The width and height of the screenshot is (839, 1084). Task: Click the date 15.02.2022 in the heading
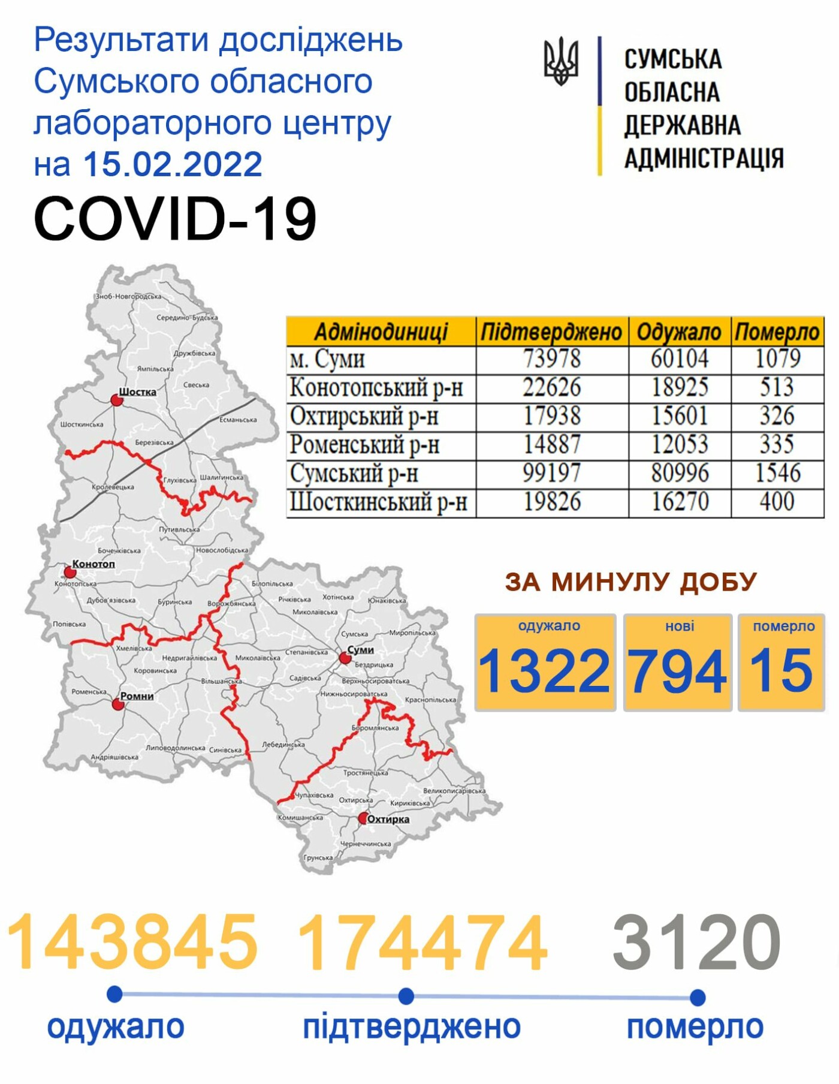click(x=173, y=164)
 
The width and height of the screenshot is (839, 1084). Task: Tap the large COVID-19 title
click(x=175, y=219)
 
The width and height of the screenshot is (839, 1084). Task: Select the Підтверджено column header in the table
click(x=551, y=332)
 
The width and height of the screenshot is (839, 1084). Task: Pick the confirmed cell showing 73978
click(x=552, y=359)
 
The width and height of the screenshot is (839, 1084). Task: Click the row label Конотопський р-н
click(x=376, y=388)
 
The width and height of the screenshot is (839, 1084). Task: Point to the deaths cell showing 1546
click(x=777, y=473)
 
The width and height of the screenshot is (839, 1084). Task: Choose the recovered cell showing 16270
click(x=680, y=502)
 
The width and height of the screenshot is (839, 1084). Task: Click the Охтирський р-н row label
click(x=364, y=416)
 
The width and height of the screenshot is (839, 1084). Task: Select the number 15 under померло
click(x=781, y=670)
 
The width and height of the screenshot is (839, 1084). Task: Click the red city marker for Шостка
click(x=117, y=399)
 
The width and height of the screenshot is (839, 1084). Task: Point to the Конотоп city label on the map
click(x=93, y=564)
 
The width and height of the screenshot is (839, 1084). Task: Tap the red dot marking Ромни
click(x=118, y=704)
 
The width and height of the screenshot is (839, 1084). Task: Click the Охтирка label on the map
click(x=388, y=819)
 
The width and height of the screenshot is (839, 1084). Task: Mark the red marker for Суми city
click(x=345, y=658)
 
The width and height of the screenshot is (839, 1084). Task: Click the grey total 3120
click(x=696, y=943)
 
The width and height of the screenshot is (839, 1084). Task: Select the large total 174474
click(x=422, y=943)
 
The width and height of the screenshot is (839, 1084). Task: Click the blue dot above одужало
click(x=114, y=994)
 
